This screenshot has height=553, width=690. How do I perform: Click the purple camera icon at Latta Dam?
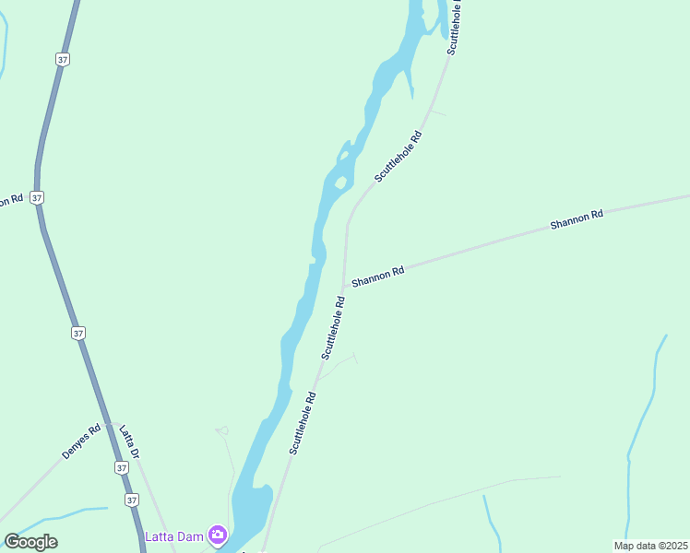[218, 535]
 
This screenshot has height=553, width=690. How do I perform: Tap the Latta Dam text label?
[174, 536]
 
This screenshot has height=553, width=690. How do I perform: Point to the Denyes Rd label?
[81, 441]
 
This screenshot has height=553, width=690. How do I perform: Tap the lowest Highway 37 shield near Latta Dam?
[132, 500]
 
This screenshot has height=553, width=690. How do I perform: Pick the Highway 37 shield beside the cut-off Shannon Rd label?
[36, 197]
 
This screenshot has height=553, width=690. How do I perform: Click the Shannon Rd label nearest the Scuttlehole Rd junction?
[377, 275]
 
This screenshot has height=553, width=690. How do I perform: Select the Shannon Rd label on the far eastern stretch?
[576, 219]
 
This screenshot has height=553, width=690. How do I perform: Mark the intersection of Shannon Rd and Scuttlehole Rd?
[345, 283]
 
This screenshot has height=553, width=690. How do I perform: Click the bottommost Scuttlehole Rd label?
[303, 423]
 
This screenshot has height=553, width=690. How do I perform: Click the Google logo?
[30, 542]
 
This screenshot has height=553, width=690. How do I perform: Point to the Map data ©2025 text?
[651, 546]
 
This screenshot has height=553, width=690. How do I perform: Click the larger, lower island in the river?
[340, 182]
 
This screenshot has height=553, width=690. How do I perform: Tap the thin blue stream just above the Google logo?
[55, 516]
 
